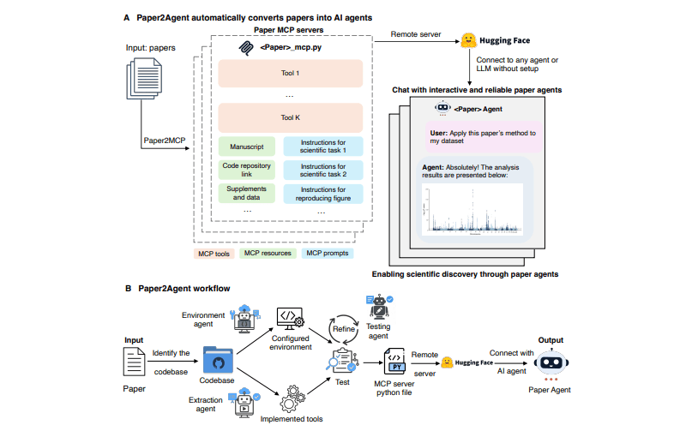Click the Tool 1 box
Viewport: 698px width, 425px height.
[x=291, y=74]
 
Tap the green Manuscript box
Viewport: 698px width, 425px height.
[x=246, y=147]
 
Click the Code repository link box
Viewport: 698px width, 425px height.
[x=246, y=170]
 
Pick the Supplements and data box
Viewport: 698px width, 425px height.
[x=246, y=193]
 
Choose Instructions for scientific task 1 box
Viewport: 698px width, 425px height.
[x=322, y=147]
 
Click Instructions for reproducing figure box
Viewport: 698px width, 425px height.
[x=322, y=193]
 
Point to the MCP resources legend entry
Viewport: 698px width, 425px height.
[x=268, y=254]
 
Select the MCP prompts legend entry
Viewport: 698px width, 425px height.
[x=331, y=254]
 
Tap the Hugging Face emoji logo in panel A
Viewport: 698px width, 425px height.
[x=469, y=40]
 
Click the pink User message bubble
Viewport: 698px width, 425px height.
[x=482, y=138]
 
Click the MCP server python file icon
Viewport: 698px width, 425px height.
[x=397, y=360]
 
